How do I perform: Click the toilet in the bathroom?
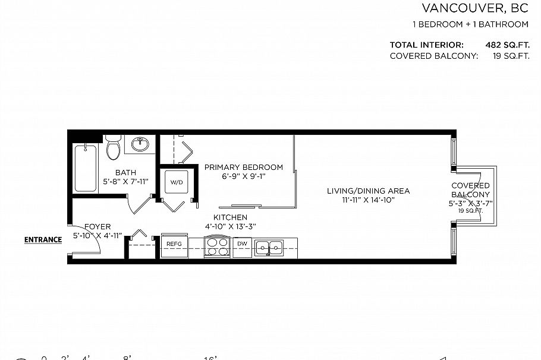(x=114, y=147)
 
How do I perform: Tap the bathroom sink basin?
(x=141, y=144)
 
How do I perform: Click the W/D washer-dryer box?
(x=177, y=182)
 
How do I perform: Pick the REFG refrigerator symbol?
(x=174, y=244)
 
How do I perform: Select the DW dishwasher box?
(x=242, y=244)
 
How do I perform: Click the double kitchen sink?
(x=269, y=247)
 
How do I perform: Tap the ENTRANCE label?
(x=43, y=240)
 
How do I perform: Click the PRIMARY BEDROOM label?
(x=243, y=168)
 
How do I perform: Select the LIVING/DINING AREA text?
(x=368, y=191)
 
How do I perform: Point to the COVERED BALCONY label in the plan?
(x=470, y=190)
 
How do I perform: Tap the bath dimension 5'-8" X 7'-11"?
(x=125, y=181)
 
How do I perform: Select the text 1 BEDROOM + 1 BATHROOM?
(x=470, y=24)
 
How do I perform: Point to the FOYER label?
(x=97, y=227)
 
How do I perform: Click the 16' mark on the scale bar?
(x=211, y=358)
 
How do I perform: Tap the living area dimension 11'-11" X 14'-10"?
(x=368, y=200)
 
